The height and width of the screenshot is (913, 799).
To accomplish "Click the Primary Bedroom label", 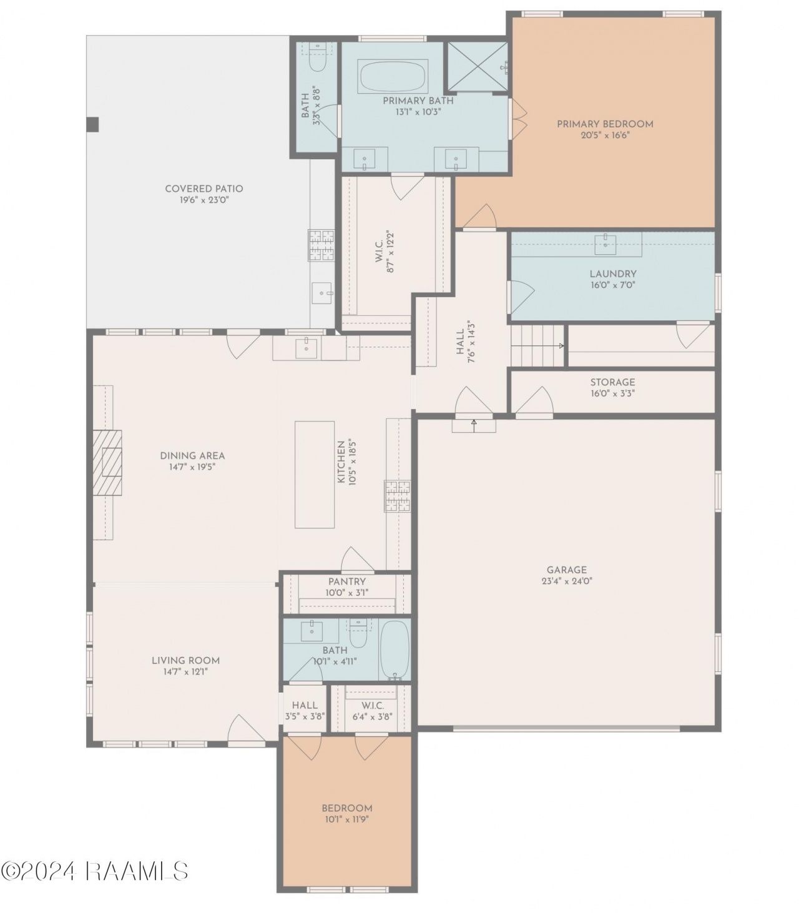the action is (605, 124).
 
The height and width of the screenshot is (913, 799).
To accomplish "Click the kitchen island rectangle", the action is (315, 475).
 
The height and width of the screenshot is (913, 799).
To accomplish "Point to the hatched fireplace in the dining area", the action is (107, 462).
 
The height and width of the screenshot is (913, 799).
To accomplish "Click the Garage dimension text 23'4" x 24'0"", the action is (567, 581).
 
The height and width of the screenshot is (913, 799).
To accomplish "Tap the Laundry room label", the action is (612, 274).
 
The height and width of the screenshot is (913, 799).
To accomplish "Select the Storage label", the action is (612, 382).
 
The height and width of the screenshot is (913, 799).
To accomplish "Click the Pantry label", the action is (347, 581).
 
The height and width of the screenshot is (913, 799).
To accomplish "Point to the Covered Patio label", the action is (204, 189).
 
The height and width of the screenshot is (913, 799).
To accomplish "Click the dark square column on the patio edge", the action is (92, 124).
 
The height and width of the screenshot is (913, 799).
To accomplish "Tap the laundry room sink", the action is (605, 243).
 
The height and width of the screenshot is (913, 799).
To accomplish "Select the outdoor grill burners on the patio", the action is (321, 245).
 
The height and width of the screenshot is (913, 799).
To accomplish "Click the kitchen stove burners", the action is (398, 496).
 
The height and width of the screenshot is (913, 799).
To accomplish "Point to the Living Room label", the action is (185, 661).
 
